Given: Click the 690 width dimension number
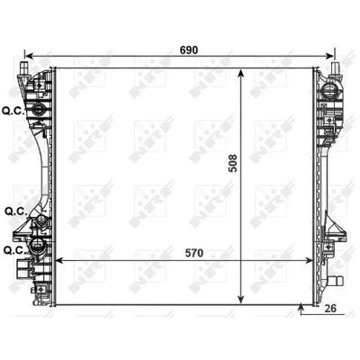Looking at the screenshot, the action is tap(189, 50).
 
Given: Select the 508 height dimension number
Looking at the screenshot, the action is tap(233, 163).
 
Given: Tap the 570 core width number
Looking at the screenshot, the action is tap(194, 253).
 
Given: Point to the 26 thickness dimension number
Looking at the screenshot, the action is tap(330, 308).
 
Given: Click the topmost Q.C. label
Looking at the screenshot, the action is tap(13, 111).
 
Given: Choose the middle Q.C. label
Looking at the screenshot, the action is tap(16, 211).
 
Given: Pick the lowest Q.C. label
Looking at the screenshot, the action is tap(14, 250).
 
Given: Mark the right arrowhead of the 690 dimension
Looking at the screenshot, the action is tap(329, 56).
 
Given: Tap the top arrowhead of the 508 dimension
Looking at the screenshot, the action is tap(240, 74).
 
